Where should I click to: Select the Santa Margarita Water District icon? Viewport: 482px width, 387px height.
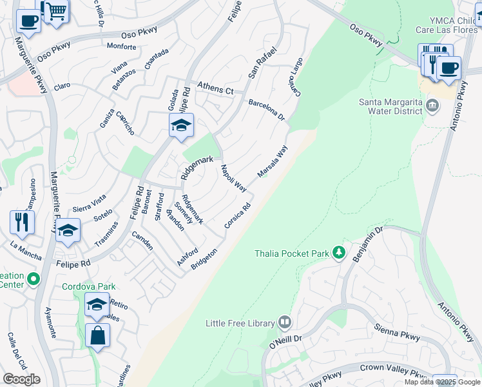(432, 105)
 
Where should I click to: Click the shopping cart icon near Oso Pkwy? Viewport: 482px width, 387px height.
(56, 11)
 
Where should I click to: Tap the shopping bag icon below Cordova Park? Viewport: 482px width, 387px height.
(97, 335)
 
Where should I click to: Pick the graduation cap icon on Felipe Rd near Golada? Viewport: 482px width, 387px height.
(182, 125)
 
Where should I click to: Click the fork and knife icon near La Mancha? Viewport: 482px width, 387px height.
(23, 223)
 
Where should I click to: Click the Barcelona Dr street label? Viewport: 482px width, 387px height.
(266, 109)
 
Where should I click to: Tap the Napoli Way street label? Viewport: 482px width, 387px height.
(233, 179)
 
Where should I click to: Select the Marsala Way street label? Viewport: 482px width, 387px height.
(272, 161)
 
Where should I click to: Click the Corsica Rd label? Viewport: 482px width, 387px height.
(236, 216)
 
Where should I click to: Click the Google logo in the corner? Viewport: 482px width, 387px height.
(21, 379)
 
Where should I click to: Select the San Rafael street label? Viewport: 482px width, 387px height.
(262, 61)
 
